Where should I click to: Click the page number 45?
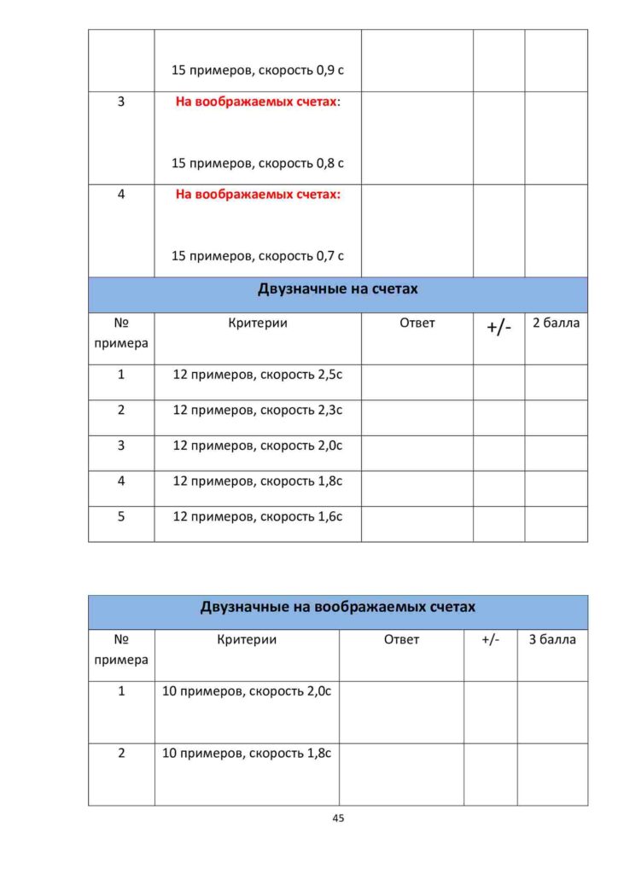(x=337, y=818)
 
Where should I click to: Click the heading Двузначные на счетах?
(x=337, y=289)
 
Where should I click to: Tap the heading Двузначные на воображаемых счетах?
(x=337, y=607)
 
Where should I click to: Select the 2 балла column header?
(x=556, y=323)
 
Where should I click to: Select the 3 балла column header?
(x=552, y=639)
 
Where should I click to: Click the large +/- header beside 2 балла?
(x=498, y=328)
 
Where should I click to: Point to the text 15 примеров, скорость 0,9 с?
(x=257, y=70)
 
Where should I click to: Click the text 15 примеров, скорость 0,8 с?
(x=257, y=162)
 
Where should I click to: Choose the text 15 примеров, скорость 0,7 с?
(x=257, y=255)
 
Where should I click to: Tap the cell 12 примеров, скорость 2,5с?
(x=257, y=375)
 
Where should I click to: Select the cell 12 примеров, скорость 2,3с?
(x=257, y=410)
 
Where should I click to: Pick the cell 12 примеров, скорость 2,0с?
(x=257, y=446)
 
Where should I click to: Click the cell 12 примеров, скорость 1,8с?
(x=257, y=481)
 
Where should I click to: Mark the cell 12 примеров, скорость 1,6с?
(x=257, y=516)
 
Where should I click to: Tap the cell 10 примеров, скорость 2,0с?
(x=246, y=691)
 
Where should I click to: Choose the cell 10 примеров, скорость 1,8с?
(x=246, y=754)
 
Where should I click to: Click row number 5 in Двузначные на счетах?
(x=121, y=516)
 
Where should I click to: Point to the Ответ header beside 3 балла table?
(x=401, y=639)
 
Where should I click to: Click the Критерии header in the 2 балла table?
(x=258, y=323)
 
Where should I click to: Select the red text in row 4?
(x=258, y=194)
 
